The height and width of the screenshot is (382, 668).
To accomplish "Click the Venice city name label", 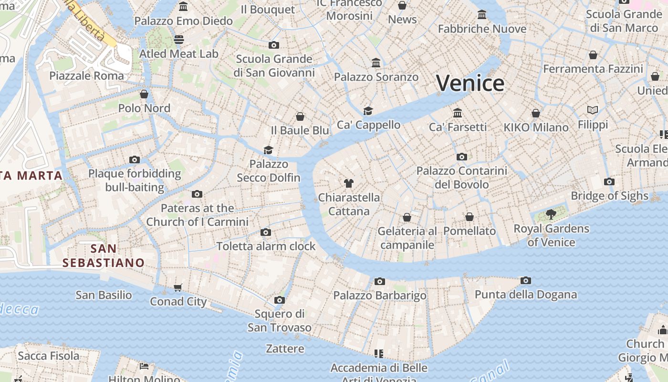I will tap(470, 84).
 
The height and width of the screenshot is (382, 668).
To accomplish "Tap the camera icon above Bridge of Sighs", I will tap(609, 182).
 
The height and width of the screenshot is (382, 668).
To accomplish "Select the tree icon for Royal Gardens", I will tap(551, 214).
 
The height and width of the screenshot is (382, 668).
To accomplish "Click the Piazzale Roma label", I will tap(86, 75).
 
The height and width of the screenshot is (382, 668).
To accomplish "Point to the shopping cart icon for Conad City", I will tap(178, 287).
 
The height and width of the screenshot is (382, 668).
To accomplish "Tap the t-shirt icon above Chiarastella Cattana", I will tap(349, 183).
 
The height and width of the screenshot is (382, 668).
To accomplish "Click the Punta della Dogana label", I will tap(525, 295).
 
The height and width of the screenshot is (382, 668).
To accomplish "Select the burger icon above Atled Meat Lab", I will tap(179, 39).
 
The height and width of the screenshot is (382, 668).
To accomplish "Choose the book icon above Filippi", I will tap(593, 110).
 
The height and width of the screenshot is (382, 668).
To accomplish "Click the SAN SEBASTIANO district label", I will tap(103, 255).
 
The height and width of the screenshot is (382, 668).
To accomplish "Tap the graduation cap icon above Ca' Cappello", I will tap(368, 111).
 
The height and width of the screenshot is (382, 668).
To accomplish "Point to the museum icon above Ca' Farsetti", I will tap(458, 113).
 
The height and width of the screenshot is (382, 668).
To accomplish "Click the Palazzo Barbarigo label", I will tap(380, 296).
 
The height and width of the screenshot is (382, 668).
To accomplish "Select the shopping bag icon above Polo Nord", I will tap(144, 94).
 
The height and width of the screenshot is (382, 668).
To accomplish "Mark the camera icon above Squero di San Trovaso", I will tap(280, 300).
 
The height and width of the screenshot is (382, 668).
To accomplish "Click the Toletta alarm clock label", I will tap(266, 246).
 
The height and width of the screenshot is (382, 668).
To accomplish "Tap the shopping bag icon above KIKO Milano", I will tap(536, 114).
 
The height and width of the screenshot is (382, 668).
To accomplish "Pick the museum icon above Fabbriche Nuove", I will tap(482, 15).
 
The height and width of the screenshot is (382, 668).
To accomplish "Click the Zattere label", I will tap(285, 349).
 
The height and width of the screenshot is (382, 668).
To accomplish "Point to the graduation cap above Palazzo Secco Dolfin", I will tap(269, 150).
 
